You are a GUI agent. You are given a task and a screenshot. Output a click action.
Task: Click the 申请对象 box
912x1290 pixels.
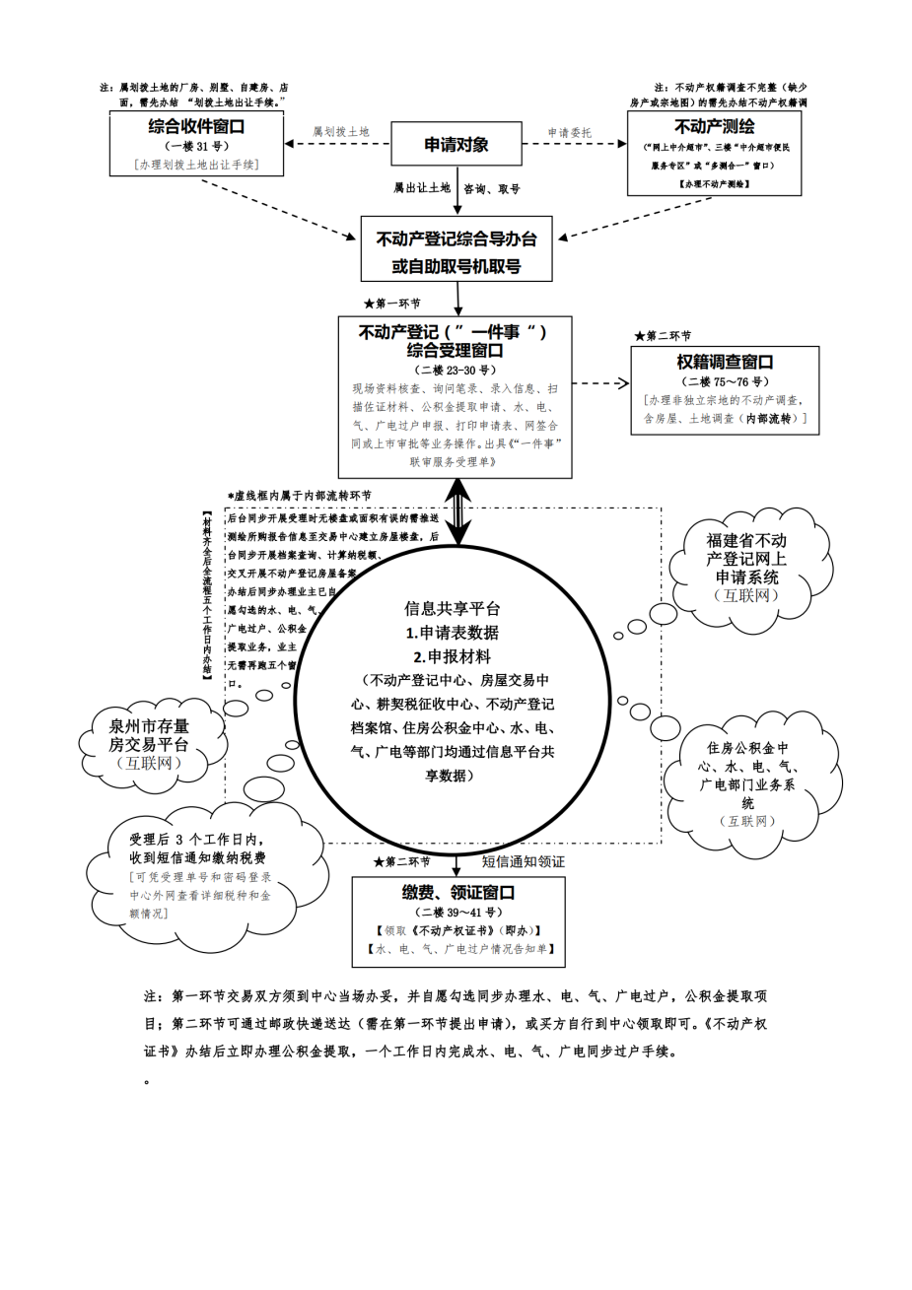[x=456, y=145]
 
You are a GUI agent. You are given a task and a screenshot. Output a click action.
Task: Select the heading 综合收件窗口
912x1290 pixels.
[x=196, y=126]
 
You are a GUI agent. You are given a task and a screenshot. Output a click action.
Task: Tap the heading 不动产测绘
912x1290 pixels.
[x=714, y=126]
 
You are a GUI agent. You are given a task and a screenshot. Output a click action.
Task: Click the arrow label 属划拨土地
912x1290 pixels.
[x=340, y=131]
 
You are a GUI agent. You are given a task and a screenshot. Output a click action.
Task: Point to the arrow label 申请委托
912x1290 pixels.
[x=570, y=132]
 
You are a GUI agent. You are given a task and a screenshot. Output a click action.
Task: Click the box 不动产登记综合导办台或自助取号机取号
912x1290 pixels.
[x=456, y=251]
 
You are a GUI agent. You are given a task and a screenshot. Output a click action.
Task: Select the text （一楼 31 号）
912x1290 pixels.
[x=196, y=146]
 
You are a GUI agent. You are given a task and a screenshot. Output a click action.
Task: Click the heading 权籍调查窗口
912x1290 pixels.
[x=725, y=363]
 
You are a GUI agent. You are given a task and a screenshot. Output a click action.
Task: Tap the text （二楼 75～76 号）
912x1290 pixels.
[x=725, y=381]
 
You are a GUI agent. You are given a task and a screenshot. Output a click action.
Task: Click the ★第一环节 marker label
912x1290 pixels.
[x=391, y=304]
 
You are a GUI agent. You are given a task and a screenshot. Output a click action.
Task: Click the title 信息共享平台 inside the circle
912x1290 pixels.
[x=453, y=608]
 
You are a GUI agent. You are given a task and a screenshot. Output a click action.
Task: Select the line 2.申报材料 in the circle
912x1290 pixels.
[x=453, y=656]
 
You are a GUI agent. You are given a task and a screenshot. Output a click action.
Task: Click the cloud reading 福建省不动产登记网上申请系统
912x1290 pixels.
[x=746, y=560]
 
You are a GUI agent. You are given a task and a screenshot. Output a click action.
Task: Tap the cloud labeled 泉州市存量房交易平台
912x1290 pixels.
[x=148, y=737]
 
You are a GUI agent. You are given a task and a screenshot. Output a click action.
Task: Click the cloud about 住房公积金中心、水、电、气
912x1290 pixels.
[x=747, y=776]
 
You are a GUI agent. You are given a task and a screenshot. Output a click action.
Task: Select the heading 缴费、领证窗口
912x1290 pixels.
[x=458, y=893]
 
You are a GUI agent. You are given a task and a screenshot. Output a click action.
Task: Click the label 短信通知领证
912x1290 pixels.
[x=524, y=861]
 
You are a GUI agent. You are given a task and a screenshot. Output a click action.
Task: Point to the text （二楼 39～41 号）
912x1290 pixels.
[x=458, y=913]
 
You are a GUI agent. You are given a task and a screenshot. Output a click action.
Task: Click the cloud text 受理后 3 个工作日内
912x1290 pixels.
[x=195, y=840]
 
